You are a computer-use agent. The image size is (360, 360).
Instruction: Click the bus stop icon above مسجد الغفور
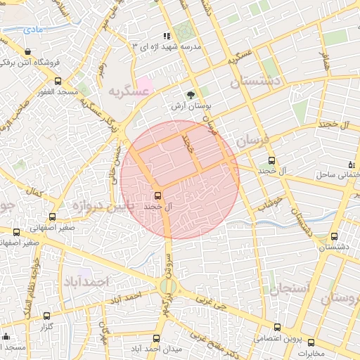pos(58,81)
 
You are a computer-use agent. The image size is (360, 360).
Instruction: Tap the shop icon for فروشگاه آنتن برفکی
pos(27,51)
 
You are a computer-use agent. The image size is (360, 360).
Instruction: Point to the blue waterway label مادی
pos(32,30)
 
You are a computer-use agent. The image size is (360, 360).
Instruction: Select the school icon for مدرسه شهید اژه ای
pos(167,35)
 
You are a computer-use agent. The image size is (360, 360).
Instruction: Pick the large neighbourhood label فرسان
pos(252,141)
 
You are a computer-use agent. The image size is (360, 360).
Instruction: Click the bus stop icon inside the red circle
pos(157,196)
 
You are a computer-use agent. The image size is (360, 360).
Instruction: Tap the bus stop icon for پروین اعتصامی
pos(277,327)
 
